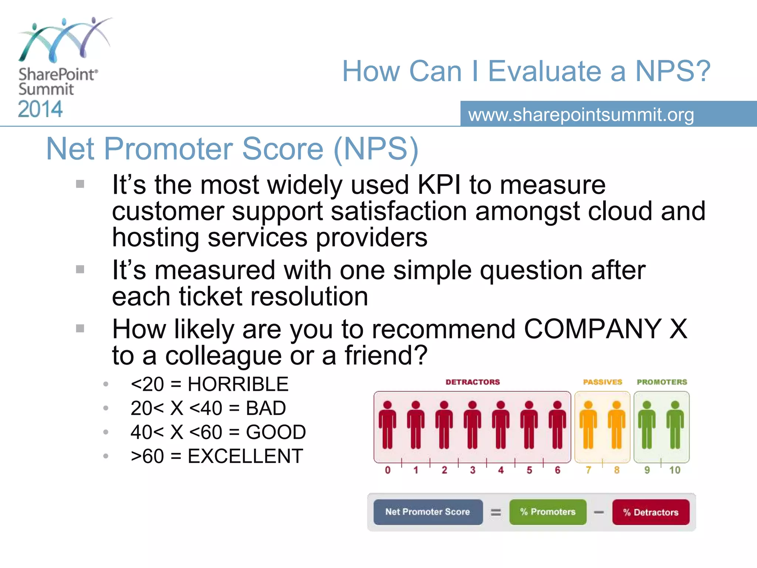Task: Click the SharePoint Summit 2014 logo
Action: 59,68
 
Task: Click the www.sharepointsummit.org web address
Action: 581,115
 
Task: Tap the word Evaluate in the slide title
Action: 557,71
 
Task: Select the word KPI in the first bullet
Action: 439,185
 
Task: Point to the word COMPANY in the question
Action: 593,329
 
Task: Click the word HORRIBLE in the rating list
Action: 238,384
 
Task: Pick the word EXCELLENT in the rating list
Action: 245,456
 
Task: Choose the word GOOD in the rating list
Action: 276,432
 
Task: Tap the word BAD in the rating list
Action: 266,408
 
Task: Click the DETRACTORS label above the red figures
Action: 472,382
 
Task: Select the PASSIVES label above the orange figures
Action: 602,382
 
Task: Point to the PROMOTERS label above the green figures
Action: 662,382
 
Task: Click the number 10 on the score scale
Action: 675,470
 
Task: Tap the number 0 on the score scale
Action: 387,470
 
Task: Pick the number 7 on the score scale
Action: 588,470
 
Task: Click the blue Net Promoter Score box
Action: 428,512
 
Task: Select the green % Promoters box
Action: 548,512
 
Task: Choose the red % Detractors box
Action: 651,512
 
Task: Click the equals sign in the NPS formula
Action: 496,513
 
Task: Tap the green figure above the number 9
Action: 646,425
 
